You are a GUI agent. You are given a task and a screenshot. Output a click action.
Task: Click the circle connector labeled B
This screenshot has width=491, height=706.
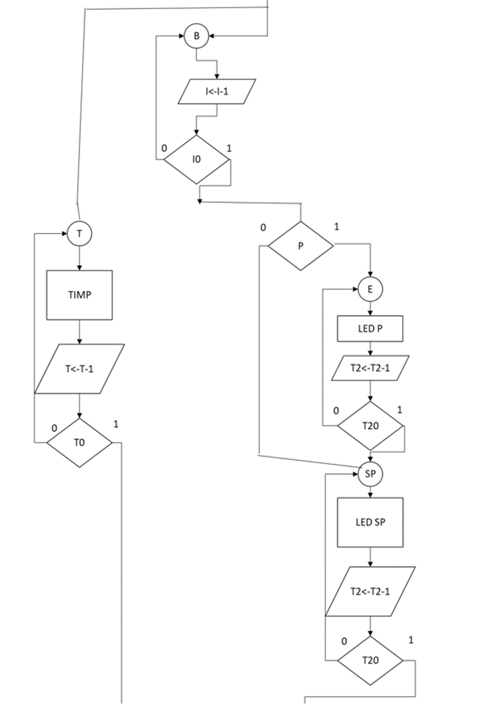pos(196,36)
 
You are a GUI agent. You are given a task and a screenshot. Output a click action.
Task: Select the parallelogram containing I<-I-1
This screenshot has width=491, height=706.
pos(217,92)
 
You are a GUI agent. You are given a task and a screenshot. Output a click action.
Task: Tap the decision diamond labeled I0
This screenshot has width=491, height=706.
pos(196,160)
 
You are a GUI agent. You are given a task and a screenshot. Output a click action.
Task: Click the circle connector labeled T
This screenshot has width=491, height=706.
pos(79,234)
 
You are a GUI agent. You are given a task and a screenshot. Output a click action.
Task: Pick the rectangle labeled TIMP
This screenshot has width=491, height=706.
pos(79,295)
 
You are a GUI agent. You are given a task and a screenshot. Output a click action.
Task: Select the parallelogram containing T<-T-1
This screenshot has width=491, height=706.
pos(79,369)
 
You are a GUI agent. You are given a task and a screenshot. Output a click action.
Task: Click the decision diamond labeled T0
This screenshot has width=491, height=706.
pos(79,443)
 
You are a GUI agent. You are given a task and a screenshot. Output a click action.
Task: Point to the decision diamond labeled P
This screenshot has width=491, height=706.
pos(300,246)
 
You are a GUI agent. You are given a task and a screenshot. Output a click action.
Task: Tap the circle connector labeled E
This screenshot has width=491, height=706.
pos(370,289)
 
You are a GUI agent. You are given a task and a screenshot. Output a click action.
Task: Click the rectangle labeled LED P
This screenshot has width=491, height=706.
pos(370,328)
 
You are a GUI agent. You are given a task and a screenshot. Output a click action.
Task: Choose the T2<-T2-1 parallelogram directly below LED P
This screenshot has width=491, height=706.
pos(370,368)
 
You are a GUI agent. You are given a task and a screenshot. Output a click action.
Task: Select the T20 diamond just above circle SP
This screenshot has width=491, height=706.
pos(370,426)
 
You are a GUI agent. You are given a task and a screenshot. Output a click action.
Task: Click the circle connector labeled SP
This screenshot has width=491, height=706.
pos(370,474)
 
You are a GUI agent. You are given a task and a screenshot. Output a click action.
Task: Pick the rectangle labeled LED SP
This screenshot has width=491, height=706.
pos(370,522)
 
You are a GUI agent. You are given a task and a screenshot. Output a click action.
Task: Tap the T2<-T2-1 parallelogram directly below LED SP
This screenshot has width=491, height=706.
pos(370,591)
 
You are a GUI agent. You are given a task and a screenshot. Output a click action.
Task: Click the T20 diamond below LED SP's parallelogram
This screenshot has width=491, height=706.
pos(370,661)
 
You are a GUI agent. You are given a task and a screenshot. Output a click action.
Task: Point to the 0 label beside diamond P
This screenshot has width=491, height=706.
pos(263,227)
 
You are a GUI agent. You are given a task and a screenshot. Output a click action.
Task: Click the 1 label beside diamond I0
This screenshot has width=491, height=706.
pos(229,149)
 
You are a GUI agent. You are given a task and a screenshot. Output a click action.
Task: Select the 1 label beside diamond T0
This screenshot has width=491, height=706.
pos(116,424)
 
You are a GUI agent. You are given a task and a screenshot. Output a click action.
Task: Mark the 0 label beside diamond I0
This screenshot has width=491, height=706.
pos(164,149)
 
